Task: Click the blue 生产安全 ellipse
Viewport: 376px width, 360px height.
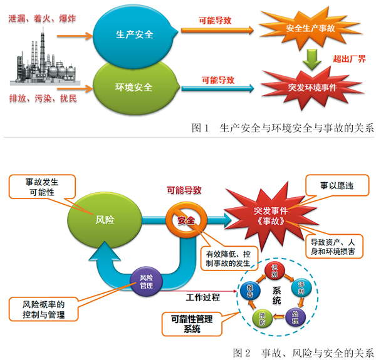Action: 134,34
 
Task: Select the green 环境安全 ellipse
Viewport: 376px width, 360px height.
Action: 134,87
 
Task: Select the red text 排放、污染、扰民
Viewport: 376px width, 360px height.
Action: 43,98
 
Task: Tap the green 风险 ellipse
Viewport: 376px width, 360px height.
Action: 105,219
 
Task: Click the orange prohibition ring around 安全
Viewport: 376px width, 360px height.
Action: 186,220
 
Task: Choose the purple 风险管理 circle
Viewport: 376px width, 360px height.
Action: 145,281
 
